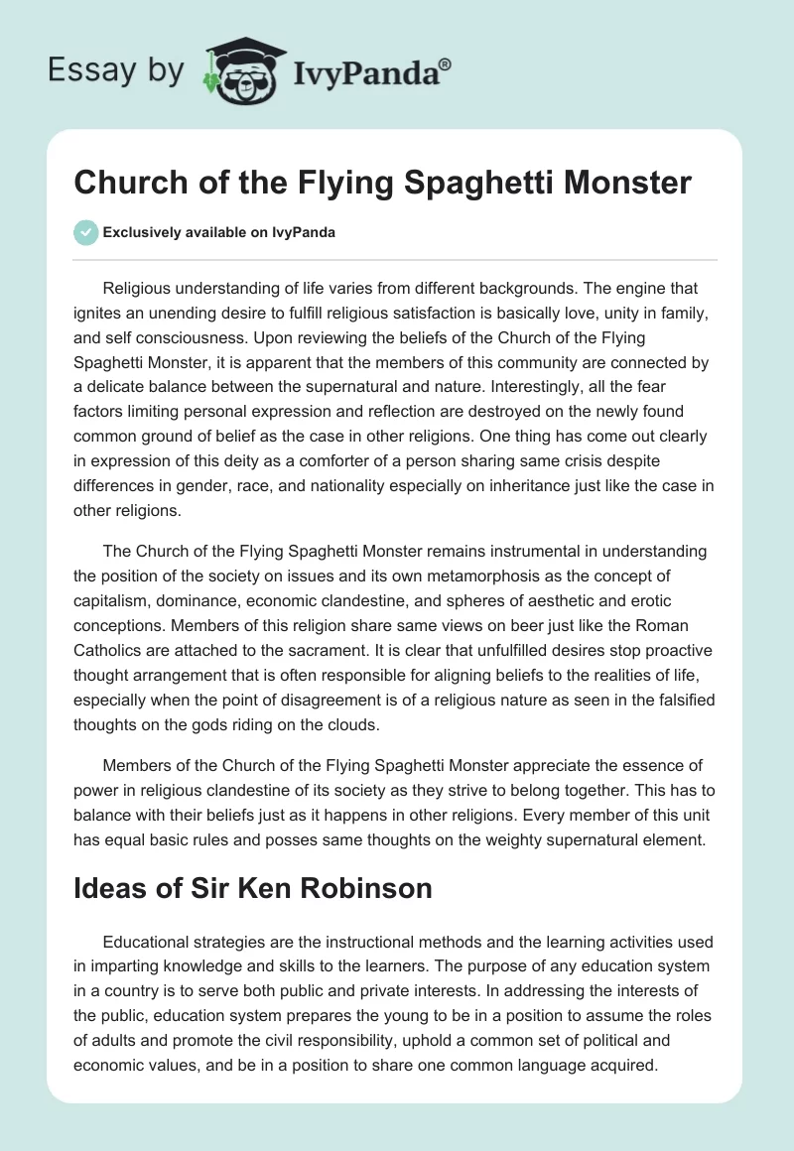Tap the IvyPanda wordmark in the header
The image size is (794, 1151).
pyautogui.click(x=371, y=70)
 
